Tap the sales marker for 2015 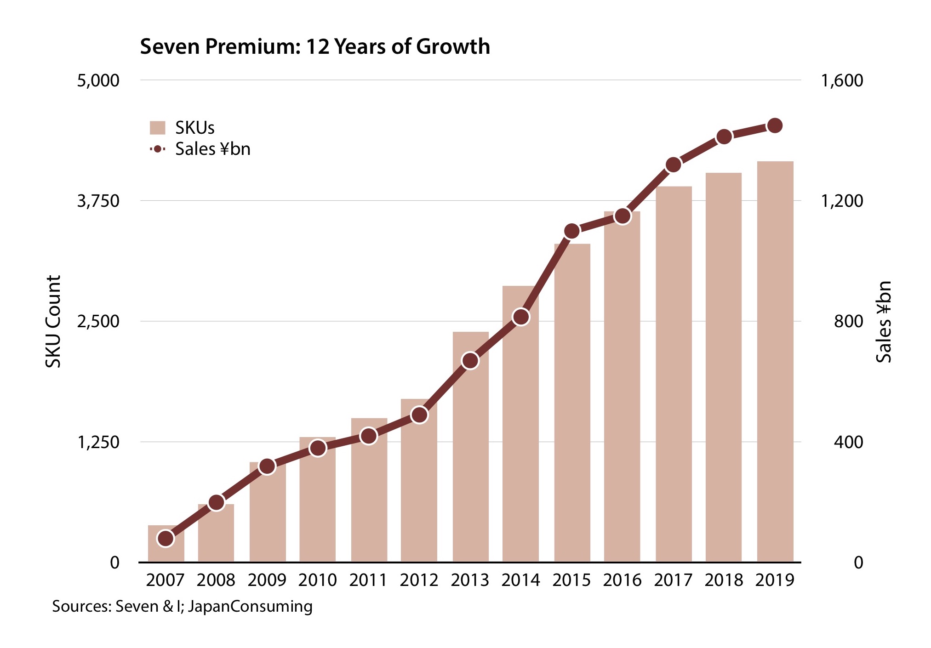571,231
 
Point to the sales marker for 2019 775,125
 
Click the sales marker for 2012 419,415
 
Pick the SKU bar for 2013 470,460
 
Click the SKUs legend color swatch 157,128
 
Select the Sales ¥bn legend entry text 212,149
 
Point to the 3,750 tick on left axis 98,201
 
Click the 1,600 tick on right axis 842,80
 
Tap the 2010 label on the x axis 318,580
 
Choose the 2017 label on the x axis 673,580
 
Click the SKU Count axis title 54,321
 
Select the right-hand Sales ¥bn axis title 883,321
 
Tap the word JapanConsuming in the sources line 250,606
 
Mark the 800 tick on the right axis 848,321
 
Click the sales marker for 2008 217,503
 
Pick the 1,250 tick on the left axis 98,442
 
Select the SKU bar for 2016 622,391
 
